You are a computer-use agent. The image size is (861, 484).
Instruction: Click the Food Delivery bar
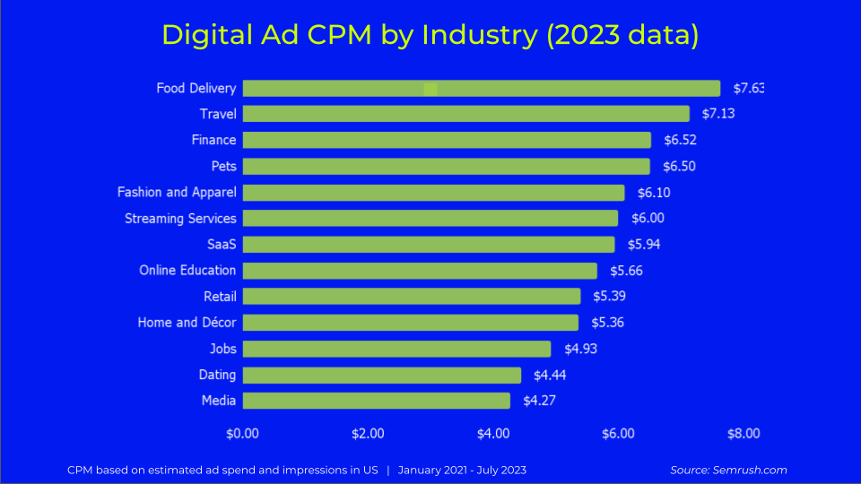[x=482, y=88]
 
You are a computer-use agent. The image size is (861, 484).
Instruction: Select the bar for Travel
[x=466, y=114]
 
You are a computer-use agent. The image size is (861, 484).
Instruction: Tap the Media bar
[x=377, y=401]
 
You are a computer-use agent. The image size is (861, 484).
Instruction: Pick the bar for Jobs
[x=397, y=349]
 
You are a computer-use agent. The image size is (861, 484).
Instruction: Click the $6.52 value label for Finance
[x=680, y=140]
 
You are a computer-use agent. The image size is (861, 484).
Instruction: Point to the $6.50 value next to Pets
[x=679, y=166]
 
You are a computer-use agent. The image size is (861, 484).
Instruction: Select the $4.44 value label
[x=550, y=375]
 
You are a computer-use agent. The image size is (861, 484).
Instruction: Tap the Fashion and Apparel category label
[x=177, y=192]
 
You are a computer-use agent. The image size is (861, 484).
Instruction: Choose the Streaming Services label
[x=180, y=218]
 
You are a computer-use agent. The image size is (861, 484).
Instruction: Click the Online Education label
[x=187, y=270]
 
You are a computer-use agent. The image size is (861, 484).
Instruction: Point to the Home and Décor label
[x=187, y=322]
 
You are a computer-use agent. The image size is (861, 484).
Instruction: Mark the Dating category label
[x=217, y=375]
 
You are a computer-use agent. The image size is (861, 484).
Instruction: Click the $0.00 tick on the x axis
[x=242, y=433]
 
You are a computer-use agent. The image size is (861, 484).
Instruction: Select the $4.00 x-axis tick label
[x=493, y=433]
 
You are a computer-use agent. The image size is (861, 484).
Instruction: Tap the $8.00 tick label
[x=743, y=433]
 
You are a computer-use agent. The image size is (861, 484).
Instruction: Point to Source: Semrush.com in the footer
[x=728, y=470]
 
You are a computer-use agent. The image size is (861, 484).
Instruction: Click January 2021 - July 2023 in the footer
[x=462, y=470]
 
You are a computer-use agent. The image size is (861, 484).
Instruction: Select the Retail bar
[x=412, y=296]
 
